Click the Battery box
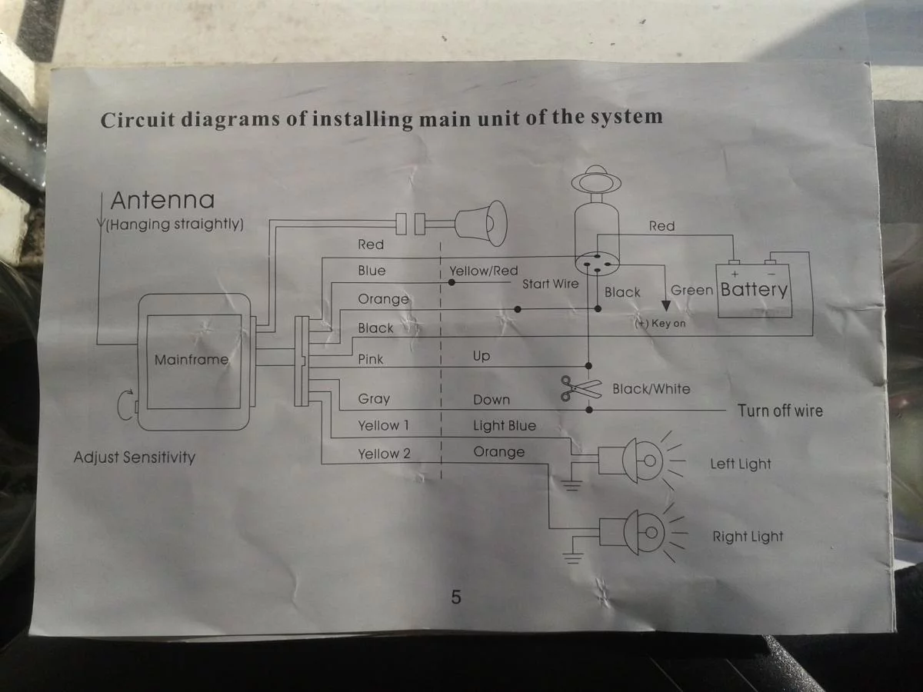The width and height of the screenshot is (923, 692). tap(754, 290)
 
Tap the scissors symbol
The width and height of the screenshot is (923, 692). tap(580, 388)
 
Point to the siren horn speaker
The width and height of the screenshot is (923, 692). tap(481, 223)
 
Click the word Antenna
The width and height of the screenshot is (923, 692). tap(162, 201)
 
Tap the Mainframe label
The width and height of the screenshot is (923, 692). tap(192, 359)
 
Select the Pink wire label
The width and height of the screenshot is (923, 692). tap(370, 359)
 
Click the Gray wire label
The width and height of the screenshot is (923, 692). tap(374, 399)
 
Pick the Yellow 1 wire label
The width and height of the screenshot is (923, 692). tap(383, 426)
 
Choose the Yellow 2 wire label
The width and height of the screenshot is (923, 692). tap(384, 454)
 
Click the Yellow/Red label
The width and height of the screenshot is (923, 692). tap(483, 271)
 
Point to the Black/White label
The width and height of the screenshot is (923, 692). tap(651, 389)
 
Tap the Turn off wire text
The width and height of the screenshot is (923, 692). tap(780, 411)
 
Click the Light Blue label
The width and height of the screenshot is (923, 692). tap(504, 426)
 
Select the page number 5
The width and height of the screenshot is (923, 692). tap(456, 597)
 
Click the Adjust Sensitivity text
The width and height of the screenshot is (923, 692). tap(135, 457)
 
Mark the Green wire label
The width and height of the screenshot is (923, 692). tap(691, 291)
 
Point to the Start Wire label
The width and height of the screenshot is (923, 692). tap(550, 284)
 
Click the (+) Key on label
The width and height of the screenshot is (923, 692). tap(660, 324)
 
